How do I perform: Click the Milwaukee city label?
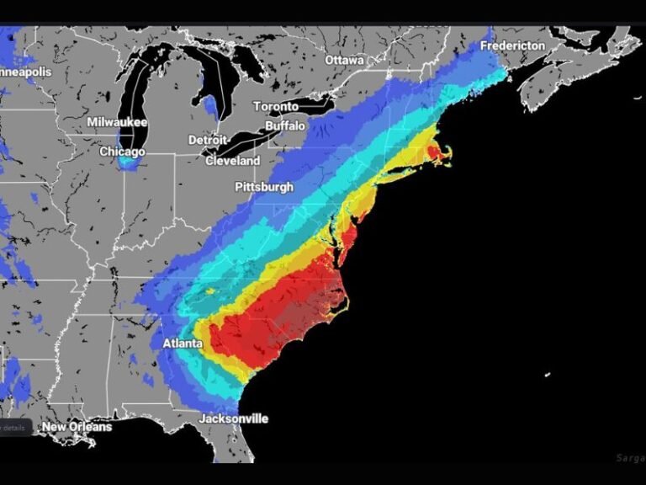tap(117, 122)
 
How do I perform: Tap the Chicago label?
tap(122, 152)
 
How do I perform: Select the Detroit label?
tap(208, 139)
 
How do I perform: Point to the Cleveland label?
tap(232, 160)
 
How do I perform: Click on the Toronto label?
tap(276, 106)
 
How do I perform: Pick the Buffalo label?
tap(285, 125)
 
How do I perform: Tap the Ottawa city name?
tap(344, 61)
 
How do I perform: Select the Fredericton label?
tap(512, 45)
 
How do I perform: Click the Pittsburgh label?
tap(263, 186)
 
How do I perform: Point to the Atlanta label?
tap(182, 344)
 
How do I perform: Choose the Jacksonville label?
tap(234, 418)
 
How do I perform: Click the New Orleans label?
tap(77, 427)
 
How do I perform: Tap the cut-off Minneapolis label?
tap(25, 72)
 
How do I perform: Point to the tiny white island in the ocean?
tap(548, 374)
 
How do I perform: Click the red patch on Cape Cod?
tap(436, 152)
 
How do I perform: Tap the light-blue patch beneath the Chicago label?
tap(128, 162)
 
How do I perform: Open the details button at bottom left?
tap(15, 428)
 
